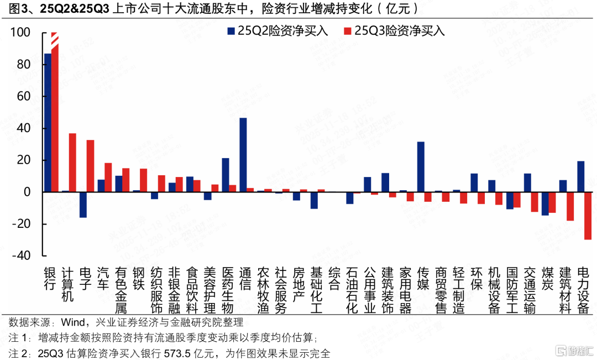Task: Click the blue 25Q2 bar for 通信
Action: pyautogui.click(x=243, y=155)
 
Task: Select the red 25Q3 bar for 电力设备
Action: pyautogui.click(x=588, y=216)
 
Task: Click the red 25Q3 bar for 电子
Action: pyautogui.click(x=90, y=166)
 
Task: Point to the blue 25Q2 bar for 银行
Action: pyautogui.click(x=48, y=123)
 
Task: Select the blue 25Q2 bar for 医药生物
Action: pyautogui.click(x=226, y=175)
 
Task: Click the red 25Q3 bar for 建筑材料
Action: pyautogui.click(x=570, y=206)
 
